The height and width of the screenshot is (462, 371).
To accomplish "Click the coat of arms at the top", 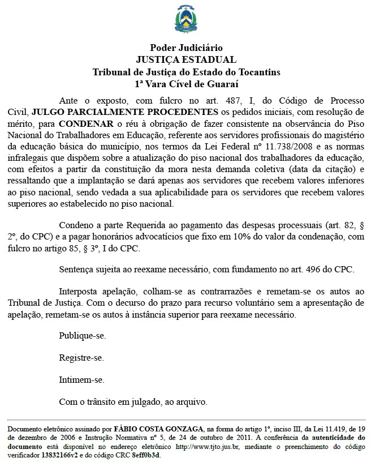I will coord(186,20).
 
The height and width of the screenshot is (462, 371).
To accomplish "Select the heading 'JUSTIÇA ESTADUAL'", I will coord(186,60).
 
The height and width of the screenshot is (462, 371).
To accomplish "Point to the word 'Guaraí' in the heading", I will coord(224,84).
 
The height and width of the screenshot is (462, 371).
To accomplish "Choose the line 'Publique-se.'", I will coord(83,336).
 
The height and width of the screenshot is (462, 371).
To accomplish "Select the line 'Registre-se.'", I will coord(81,358).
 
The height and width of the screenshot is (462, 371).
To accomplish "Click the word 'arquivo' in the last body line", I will coord(192,403).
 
